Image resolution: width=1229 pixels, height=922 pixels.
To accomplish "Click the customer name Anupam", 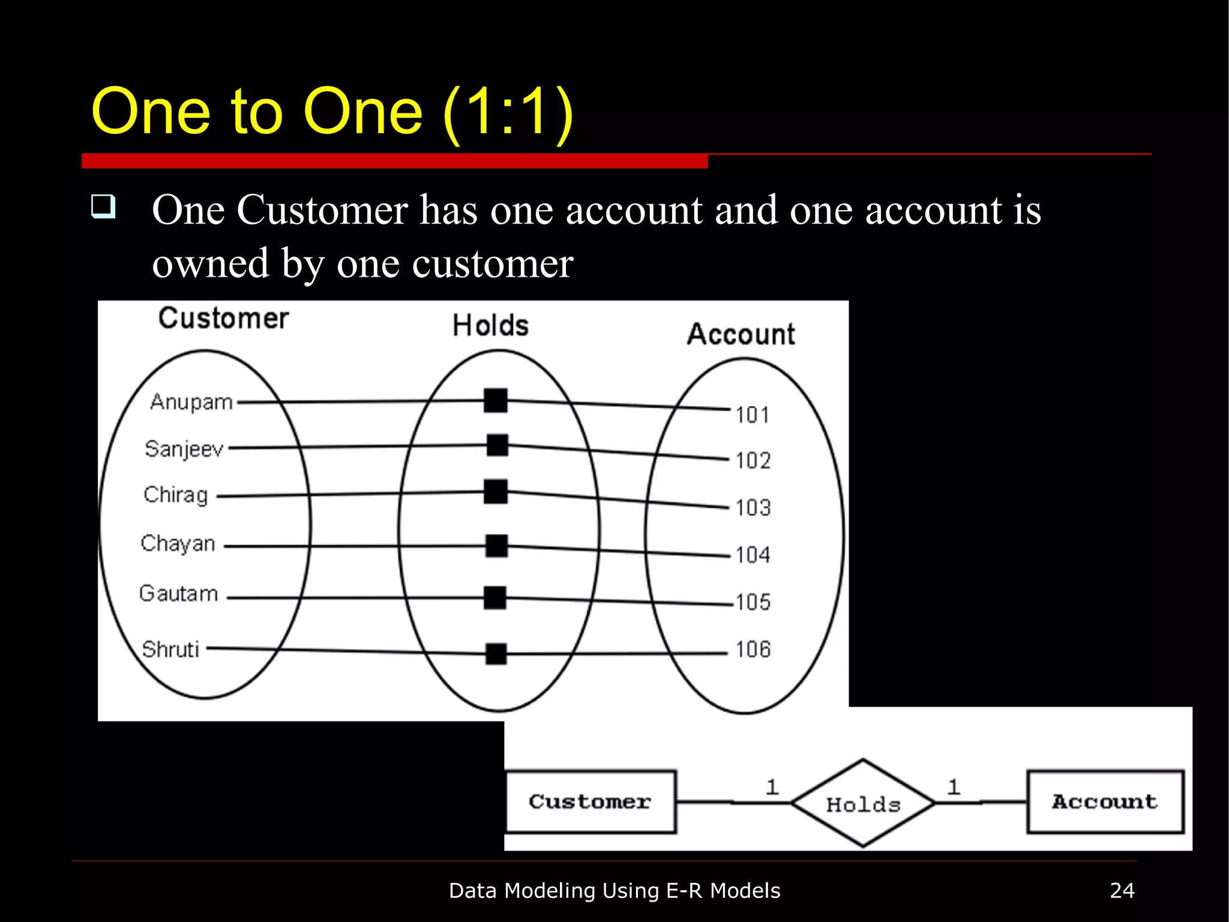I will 191,402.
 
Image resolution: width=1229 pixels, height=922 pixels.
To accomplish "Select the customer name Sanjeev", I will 184,449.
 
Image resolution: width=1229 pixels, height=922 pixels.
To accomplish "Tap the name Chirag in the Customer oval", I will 175,495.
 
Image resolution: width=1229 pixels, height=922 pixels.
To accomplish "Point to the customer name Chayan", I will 178,544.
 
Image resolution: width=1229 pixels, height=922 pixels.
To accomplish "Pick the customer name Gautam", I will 178,594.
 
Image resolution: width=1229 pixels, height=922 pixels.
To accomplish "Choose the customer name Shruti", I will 170,649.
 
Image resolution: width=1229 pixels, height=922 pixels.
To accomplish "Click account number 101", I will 753,415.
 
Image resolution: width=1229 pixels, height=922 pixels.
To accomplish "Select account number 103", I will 753,508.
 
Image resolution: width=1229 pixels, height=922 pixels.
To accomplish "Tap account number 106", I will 753,649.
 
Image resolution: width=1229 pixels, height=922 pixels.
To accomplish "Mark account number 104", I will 753,555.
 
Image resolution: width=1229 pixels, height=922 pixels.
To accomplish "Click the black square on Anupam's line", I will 496,400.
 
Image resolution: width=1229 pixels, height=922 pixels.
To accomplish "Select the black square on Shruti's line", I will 496,654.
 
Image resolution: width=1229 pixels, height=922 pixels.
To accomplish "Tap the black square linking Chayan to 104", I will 496,546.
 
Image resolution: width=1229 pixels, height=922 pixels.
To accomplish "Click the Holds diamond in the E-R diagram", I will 863,803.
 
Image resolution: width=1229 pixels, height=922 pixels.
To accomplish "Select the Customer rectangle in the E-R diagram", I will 590,802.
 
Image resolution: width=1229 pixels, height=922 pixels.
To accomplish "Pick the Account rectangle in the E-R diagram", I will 1105,802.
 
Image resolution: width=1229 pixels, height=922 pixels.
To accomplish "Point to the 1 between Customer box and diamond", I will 772,787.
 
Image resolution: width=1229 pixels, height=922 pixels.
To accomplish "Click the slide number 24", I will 1122,891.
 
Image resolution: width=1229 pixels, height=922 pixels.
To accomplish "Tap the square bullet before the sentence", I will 103,206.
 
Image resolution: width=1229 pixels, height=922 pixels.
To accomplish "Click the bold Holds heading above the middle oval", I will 490,326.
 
